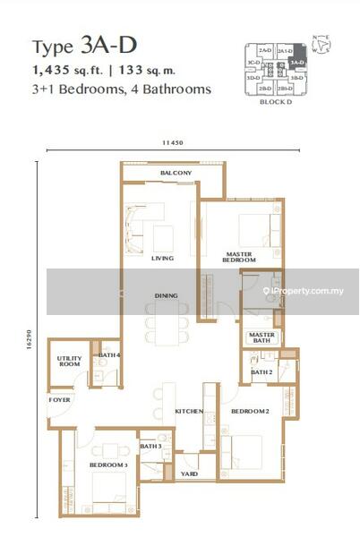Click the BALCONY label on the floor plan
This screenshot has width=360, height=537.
coord(176,173)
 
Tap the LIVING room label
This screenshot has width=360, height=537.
coord(162,259)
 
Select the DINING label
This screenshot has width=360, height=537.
coord(166,295)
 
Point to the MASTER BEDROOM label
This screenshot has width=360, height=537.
coord(240,256)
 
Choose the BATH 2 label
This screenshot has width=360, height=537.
coord(261,372)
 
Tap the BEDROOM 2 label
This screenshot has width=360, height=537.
coord(251,411)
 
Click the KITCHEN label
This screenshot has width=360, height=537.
coord(189,412)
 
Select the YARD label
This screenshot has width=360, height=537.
coord(189,473)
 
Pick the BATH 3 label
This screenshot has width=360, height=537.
coord(150,446)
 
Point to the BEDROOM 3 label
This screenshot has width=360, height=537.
coord(107,466)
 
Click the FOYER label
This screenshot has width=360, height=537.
coord(59,400)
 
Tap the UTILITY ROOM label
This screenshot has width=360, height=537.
coord(69,362)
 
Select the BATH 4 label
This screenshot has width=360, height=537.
coord(109,356)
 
